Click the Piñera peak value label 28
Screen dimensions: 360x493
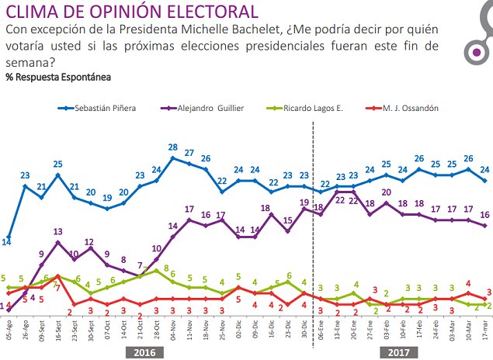tap(173, 147)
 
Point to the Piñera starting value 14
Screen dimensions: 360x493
tap(6, 242)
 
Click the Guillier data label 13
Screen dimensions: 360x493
tap(57, 232)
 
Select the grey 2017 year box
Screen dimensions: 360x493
tap(399, 351)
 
